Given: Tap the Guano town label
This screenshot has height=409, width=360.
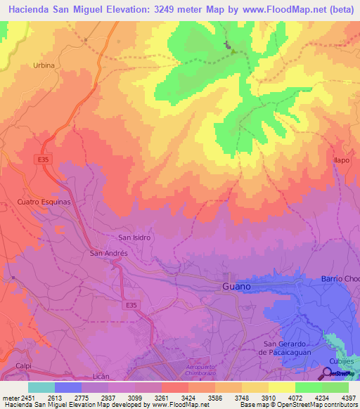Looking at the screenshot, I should pyautogui.click(x=236, y=287).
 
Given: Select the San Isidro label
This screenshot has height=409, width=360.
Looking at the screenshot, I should pyautogui.click(x=134, y=238).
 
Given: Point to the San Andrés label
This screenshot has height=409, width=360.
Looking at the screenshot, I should pyautogui.click(x=108, y=252).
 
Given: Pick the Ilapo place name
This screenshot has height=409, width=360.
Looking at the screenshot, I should pyautogui.click(x=342, y=160).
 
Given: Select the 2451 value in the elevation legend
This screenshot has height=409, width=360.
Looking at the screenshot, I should pyautogui.click(x=25, y=397).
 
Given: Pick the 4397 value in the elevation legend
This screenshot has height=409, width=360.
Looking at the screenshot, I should pyautogui.click(x=348, y=397).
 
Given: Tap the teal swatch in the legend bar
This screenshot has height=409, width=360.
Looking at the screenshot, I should pyautogui.click(x=41, y=387).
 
